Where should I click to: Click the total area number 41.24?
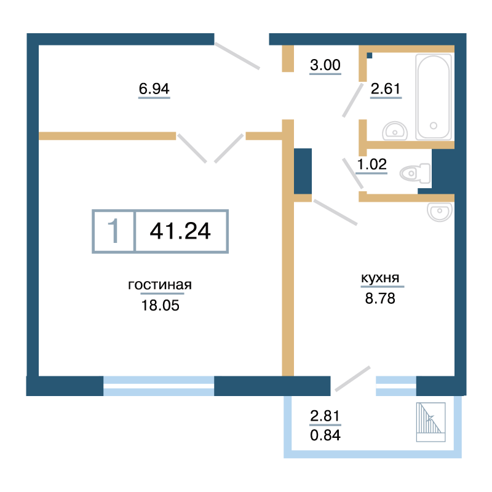point(180,231)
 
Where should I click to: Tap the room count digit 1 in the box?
point(113,231)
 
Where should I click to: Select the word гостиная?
point(160,285)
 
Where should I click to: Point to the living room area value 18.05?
point(161,305)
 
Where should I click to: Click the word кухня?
point(380,278)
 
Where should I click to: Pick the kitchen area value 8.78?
point(380,298)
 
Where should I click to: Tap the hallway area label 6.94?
point(154,89)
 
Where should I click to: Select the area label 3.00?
point(325,65)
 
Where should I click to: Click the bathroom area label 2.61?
point(386,89)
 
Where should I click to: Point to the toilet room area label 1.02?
point(372,164)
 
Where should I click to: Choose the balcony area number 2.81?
point(325,416)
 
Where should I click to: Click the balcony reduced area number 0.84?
point(325,435)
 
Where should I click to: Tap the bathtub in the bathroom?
point(434,97)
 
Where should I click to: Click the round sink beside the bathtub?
point(395,131)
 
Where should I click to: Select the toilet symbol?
point(415,173)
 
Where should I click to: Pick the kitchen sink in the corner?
point(440,212)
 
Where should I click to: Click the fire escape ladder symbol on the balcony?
point(431,422)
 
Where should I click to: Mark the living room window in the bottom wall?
point(159,386)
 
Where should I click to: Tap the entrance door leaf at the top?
point(237,56)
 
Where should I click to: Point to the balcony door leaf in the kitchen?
point(352,379)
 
